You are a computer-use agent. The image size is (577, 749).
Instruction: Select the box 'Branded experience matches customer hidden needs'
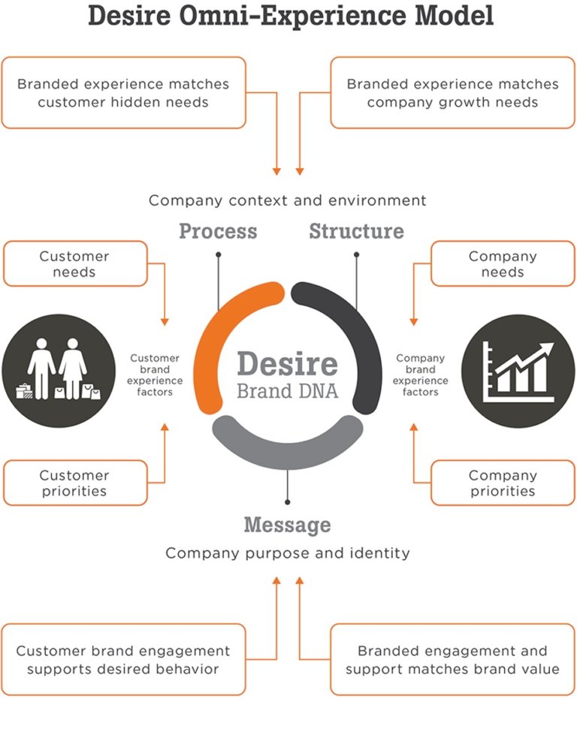click(123, 92)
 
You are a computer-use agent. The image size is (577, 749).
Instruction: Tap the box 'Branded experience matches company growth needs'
click(452, 92)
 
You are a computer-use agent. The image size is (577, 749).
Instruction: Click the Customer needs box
click(75, 263)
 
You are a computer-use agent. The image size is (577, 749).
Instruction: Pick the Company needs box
click(502, 263)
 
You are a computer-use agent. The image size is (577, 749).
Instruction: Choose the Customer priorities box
click(75, 483)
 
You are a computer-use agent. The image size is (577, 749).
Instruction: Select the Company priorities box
click(502, 483)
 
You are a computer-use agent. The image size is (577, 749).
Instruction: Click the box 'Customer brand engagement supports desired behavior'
click(123, 659)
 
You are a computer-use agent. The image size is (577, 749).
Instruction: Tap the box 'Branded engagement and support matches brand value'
click(452, 659)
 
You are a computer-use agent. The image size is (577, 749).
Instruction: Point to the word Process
click(218, 231)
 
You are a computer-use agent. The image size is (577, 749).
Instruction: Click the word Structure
click(356, 231)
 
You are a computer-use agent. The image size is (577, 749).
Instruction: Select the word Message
click(287, 524)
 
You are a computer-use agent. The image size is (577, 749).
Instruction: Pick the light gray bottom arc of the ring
click(288, 439)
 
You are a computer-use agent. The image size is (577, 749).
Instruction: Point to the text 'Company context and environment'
click(287, 200)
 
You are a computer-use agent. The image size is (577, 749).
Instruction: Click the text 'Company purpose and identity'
click(287, 553)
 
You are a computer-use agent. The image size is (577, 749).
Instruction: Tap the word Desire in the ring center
click(287, 365)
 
